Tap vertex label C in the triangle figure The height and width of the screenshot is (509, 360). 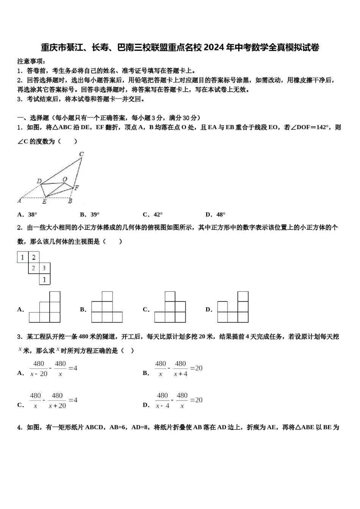pos(81,154)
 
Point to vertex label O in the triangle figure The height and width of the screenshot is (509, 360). pos(65,179)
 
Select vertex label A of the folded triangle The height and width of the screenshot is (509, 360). pos(19,201)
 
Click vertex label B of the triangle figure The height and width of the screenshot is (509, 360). pos(70,201)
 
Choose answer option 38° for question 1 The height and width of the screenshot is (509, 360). pos(33,215)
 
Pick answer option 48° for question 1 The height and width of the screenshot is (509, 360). pos(221,215)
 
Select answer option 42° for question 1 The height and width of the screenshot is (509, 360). pos(158,215)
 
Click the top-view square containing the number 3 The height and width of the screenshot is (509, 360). pos(44,269)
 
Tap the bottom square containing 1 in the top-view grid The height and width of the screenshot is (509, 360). pos(44,279)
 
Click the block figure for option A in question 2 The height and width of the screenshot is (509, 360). pos(45,307)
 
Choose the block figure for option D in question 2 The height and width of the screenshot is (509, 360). pos(233,307)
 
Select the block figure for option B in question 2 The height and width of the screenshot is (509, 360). pos(107,307)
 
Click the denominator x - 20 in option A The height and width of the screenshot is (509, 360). pos(39,374)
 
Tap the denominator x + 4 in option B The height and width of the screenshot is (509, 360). pos(180,374)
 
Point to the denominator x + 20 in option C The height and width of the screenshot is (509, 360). pos(57,406)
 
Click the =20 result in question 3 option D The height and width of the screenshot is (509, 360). pos(196,400)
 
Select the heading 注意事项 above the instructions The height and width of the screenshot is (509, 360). pos(31,61)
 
